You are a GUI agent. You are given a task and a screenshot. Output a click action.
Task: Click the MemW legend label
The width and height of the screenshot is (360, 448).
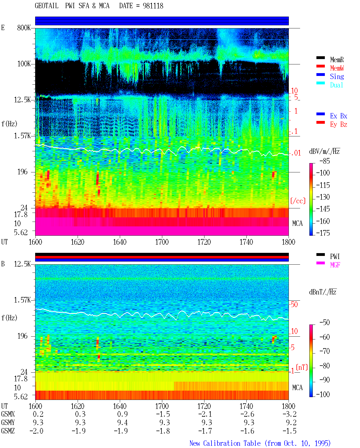tap(337, 68)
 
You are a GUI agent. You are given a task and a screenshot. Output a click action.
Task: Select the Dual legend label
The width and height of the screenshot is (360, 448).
tap(336, 85)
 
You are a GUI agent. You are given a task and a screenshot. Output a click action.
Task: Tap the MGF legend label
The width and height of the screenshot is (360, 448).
tap(335, 265)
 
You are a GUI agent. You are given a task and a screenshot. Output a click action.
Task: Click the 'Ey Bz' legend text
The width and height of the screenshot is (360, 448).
tap(338, 124)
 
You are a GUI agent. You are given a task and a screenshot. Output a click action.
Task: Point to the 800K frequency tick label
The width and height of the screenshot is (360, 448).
tap(24, 28)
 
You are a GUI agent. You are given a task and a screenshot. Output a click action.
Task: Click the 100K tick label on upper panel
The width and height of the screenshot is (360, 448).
tap(24, 64)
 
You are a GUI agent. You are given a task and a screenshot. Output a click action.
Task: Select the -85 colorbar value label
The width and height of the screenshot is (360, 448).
tap(325, 161)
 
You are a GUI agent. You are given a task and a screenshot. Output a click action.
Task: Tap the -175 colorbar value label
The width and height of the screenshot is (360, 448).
tap(323, 233)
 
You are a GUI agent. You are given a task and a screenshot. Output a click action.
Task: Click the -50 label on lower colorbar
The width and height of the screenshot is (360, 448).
tap(325, 323)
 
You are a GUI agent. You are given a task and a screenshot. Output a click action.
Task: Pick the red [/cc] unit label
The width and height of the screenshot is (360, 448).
tap(298, 201)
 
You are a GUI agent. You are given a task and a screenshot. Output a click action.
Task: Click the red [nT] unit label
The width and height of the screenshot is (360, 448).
tap(302, 367)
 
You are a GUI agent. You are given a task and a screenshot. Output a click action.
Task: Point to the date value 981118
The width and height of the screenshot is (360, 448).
tap(153, 6)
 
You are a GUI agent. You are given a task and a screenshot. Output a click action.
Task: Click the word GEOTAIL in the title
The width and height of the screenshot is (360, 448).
tap(47, 6)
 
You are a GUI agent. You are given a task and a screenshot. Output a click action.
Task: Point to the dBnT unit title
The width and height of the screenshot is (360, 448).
tap(323, 292)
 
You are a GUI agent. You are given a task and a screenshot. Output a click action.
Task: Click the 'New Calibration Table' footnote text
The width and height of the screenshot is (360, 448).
tap(225, 444)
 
